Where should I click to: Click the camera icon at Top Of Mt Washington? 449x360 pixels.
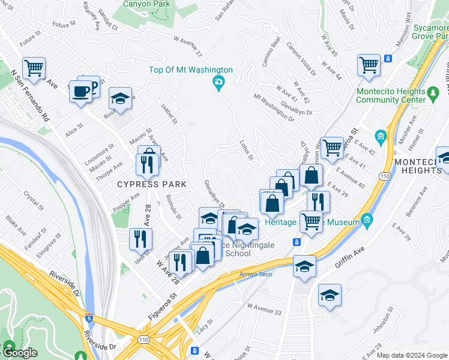click(x=219, y=81)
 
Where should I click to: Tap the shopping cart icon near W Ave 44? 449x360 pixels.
click(x=369, y=64)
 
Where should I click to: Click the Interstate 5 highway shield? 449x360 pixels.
click(x=89, y=317)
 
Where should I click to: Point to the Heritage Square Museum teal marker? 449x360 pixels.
click(x=367, y=221)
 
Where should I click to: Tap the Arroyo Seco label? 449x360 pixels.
click(x=256, y=274)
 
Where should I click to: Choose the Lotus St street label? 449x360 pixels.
click(x=247, y=149)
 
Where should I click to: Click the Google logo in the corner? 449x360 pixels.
click(x=19, y=353)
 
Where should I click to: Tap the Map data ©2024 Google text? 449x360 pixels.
click(x=412, y=355)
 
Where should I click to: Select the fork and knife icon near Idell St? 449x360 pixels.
click(x=140, y=238)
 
